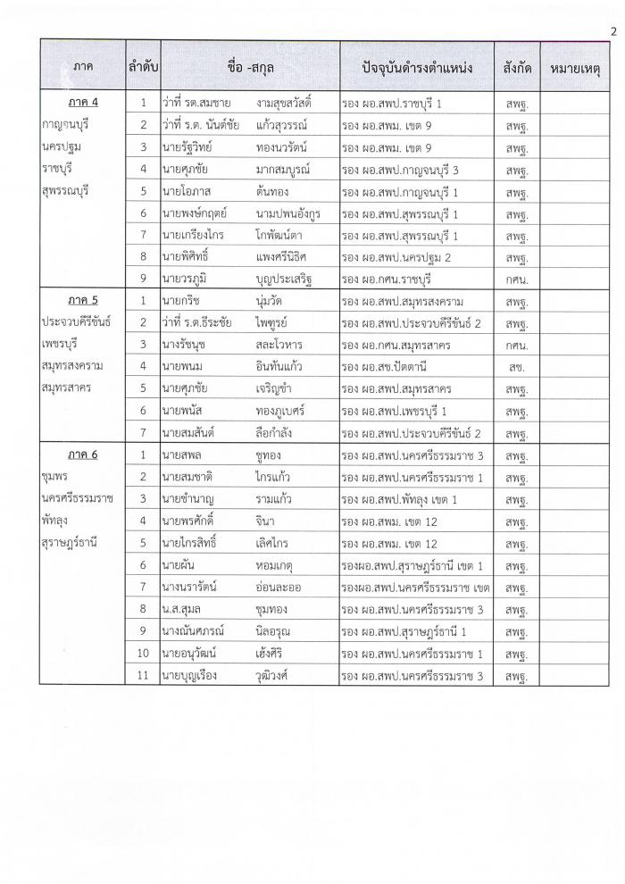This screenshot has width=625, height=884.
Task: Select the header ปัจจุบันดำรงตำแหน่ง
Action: tap(416, 67)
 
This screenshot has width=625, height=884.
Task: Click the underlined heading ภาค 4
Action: tap(81, 102)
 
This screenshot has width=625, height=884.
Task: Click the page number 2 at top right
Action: tap(613, 33)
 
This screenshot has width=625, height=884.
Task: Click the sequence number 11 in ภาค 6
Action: tap(143, 676)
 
